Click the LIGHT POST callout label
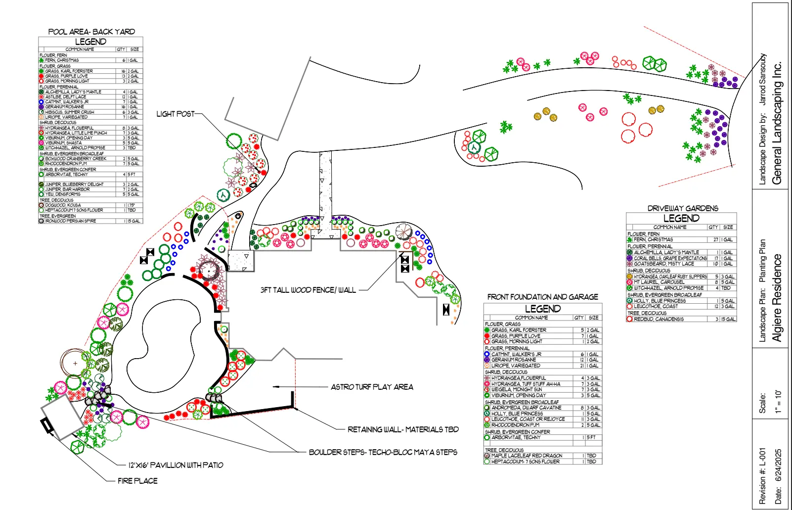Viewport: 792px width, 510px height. (175, 114)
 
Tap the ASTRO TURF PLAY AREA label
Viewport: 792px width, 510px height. (372, 387)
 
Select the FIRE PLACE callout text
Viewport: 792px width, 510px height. (137, 481)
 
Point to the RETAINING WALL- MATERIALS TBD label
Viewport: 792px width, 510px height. (403, 429)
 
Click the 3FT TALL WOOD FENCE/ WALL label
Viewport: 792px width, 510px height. (308, 290)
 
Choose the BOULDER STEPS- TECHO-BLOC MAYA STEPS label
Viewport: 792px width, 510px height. (383, 452)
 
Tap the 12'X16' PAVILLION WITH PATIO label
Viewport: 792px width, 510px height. (176, 465)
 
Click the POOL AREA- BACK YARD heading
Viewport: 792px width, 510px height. (91, 32)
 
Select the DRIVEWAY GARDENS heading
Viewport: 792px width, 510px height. (683, 208)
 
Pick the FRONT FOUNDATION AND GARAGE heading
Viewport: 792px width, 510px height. (542, 297)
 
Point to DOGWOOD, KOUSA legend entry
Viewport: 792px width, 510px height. (63, 205)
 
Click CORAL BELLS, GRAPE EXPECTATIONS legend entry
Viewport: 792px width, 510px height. (670, 258)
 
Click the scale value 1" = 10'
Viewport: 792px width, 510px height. (778, 402)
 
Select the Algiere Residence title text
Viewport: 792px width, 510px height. (777, 298)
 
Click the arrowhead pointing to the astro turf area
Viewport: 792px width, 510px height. (276, 387)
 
